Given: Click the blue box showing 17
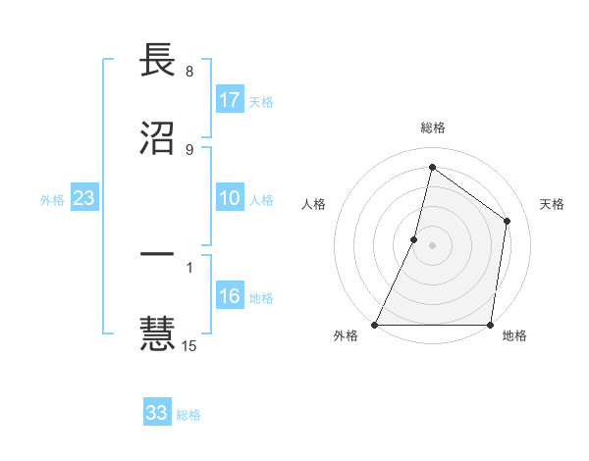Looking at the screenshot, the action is [x=230, y=100].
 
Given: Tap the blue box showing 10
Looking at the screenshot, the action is [x=230, y=199].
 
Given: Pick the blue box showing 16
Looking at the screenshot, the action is [x=230, y=297].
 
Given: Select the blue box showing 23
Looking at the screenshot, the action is [x=84, y=199].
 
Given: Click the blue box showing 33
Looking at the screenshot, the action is [x=157, y=413].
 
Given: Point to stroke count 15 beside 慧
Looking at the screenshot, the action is [x=189, y=345].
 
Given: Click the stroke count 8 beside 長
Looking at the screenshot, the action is [x=188, y=72].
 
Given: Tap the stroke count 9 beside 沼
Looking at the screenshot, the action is [x=188, y=149].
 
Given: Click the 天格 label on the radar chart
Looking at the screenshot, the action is [x=553, y=204].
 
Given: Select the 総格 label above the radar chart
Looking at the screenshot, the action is [x=433, y=128].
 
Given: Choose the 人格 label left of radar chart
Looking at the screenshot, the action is [x=313, y=204].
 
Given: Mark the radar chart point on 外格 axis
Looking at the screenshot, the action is [x=375, y=325].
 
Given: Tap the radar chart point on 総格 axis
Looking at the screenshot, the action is [x=432, y=167].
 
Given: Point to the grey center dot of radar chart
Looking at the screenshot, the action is [x=432, y=245].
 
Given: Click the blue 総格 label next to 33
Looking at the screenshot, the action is [x=188, y=415].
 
